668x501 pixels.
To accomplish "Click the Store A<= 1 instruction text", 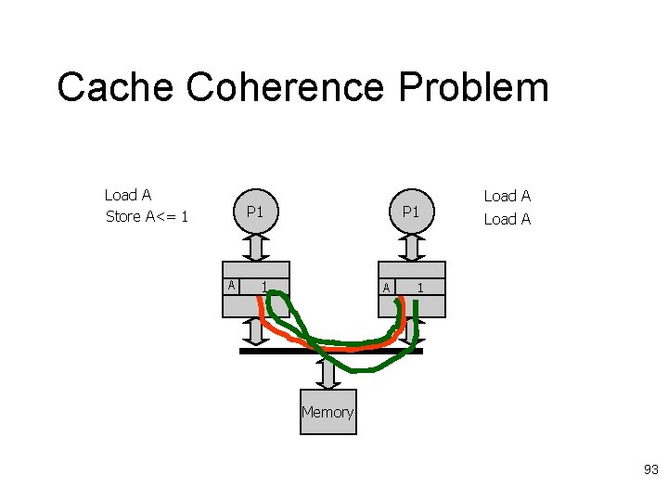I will coord(148,216).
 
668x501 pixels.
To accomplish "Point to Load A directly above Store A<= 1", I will coord(128,195).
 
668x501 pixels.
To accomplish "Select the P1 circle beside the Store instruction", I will coord(256,212).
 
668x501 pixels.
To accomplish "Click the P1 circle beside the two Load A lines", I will coord(411,212).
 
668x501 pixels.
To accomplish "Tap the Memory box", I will coord(328,412).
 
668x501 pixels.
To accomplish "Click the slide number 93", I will coord(650,470).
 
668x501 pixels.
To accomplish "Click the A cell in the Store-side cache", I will coord(231,285).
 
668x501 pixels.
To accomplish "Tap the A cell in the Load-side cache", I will coord(387,288).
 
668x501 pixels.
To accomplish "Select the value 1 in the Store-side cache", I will coord(264,286).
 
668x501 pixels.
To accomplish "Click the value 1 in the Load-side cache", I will coord(420,288).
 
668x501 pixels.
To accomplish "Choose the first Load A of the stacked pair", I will coord(507,196).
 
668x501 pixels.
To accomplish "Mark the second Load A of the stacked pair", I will coord(507,219).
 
